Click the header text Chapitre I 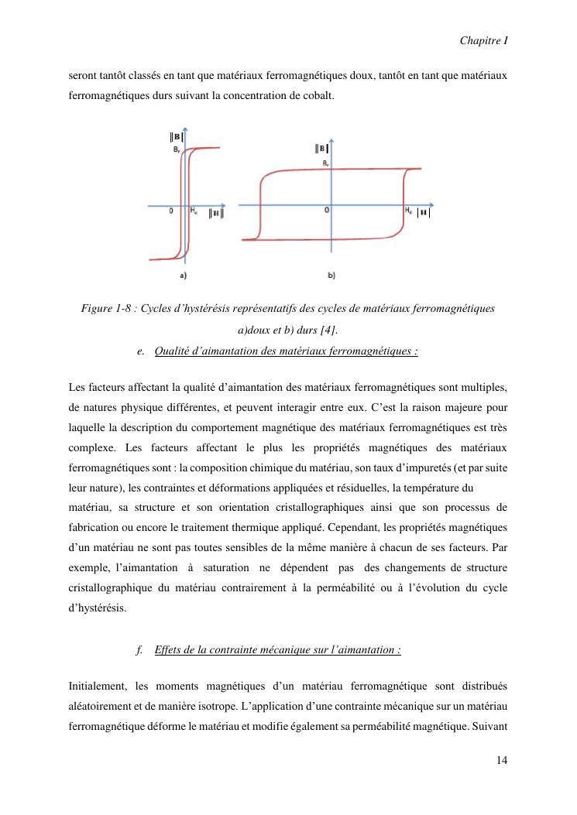click(x=484, y=39)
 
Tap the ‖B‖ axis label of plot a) click(x=177, y=138)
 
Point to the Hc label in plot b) click(x=407, y=210)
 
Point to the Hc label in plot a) click(x=194, y=210)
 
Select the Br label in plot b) click(x=325, y=163)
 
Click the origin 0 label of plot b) click(x=326, y=211)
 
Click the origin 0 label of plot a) click(x=171, y=211)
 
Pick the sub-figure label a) click(x=183, y=275)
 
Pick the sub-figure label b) click(x=331, y=275)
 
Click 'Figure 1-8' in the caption click(x=105, y=309)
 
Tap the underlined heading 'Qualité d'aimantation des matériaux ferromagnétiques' click(x=286, y=351)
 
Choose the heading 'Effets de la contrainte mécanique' click(x=277, y=649)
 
